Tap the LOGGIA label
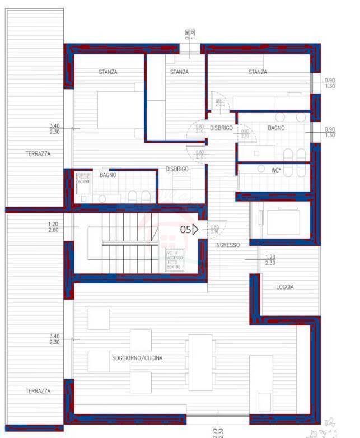[x=284, y=287]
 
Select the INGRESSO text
[x=227, y=245]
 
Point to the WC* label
[x=276, y=169]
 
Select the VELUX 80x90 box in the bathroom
[x=83, y=180]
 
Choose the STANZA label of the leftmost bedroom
[x=108, y=72]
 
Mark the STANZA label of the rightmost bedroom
[x=258, y=72]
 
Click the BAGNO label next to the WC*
[x=276, y=128]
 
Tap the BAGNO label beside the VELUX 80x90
[x=108, y=175]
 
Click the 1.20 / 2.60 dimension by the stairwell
[x=54, y=226]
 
